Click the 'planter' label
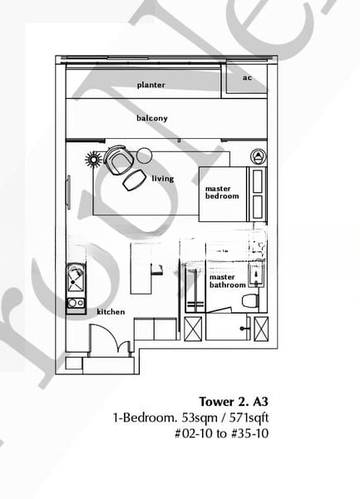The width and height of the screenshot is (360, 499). point(150,85)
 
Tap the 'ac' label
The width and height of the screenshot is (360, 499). point(247,77)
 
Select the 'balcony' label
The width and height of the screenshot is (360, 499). point(152,118)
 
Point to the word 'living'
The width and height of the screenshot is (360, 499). point(162,178)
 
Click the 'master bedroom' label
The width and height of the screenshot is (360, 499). point(222,193)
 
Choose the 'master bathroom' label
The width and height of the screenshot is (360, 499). point(227,281)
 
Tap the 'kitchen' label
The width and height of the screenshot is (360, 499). point(111,312)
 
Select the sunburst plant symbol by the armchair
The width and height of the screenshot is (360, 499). point(94,159)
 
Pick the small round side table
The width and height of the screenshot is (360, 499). point(144,156)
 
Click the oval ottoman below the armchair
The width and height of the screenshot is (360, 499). point(134,180)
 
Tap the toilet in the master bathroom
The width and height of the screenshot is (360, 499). point(250,301)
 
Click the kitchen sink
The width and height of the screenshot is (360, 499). point(76,278)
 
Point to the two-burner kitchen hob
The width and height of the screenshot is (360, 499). point(76,303)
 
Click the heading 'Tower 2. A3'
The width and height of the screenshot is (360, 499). point(234,402)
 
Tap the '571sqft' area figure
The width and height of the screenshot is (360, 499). point(249,417)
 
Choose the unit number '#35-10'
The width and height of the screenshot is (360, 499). point(249,433)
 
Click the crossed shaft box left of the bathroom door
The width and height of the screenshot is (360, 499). point(194,329)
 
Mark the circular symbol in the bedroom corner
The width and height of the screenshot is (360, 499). point(259,156)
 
